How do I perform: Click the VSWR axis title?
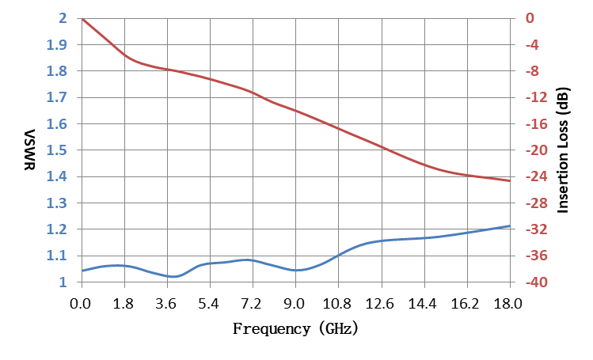[30, 150]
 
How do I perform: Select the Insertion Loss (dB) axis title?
[563, 150]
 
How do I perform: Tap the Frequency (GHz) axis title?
[295, 328]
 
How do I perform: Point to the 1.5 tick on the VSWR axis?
[56, 150]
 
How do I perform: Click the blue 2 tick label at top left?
[63, 17]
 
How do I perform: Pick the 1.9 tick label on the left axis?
[56, 44]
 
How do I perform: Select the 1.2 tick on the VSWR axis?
[56, 229]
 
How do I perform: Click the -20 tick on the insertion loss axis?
[537, 150]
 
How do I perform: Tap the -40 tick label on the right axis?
[537, 282]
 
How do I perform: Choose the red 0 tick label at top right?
[530, 17]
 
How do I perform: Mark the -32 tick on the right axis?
[537, 229]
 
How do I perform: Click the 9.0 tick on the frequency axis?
[295, 303]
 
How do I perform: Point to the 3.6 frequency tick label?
[166, 303]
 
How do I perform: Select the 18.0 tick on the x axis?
[508, 303]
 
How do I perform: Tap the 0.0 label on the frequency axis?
[81, 303]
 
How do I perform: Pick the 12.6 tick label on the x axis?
[380, 303]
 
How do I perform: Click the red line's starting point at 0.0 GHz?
[82, 18]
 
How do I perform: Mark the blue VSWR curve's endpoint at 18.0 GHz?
[510, 226]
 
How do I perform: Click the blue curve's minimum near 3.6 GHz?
[173, 276]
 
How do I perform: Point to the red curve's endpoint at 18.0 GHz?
[510, 181]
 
